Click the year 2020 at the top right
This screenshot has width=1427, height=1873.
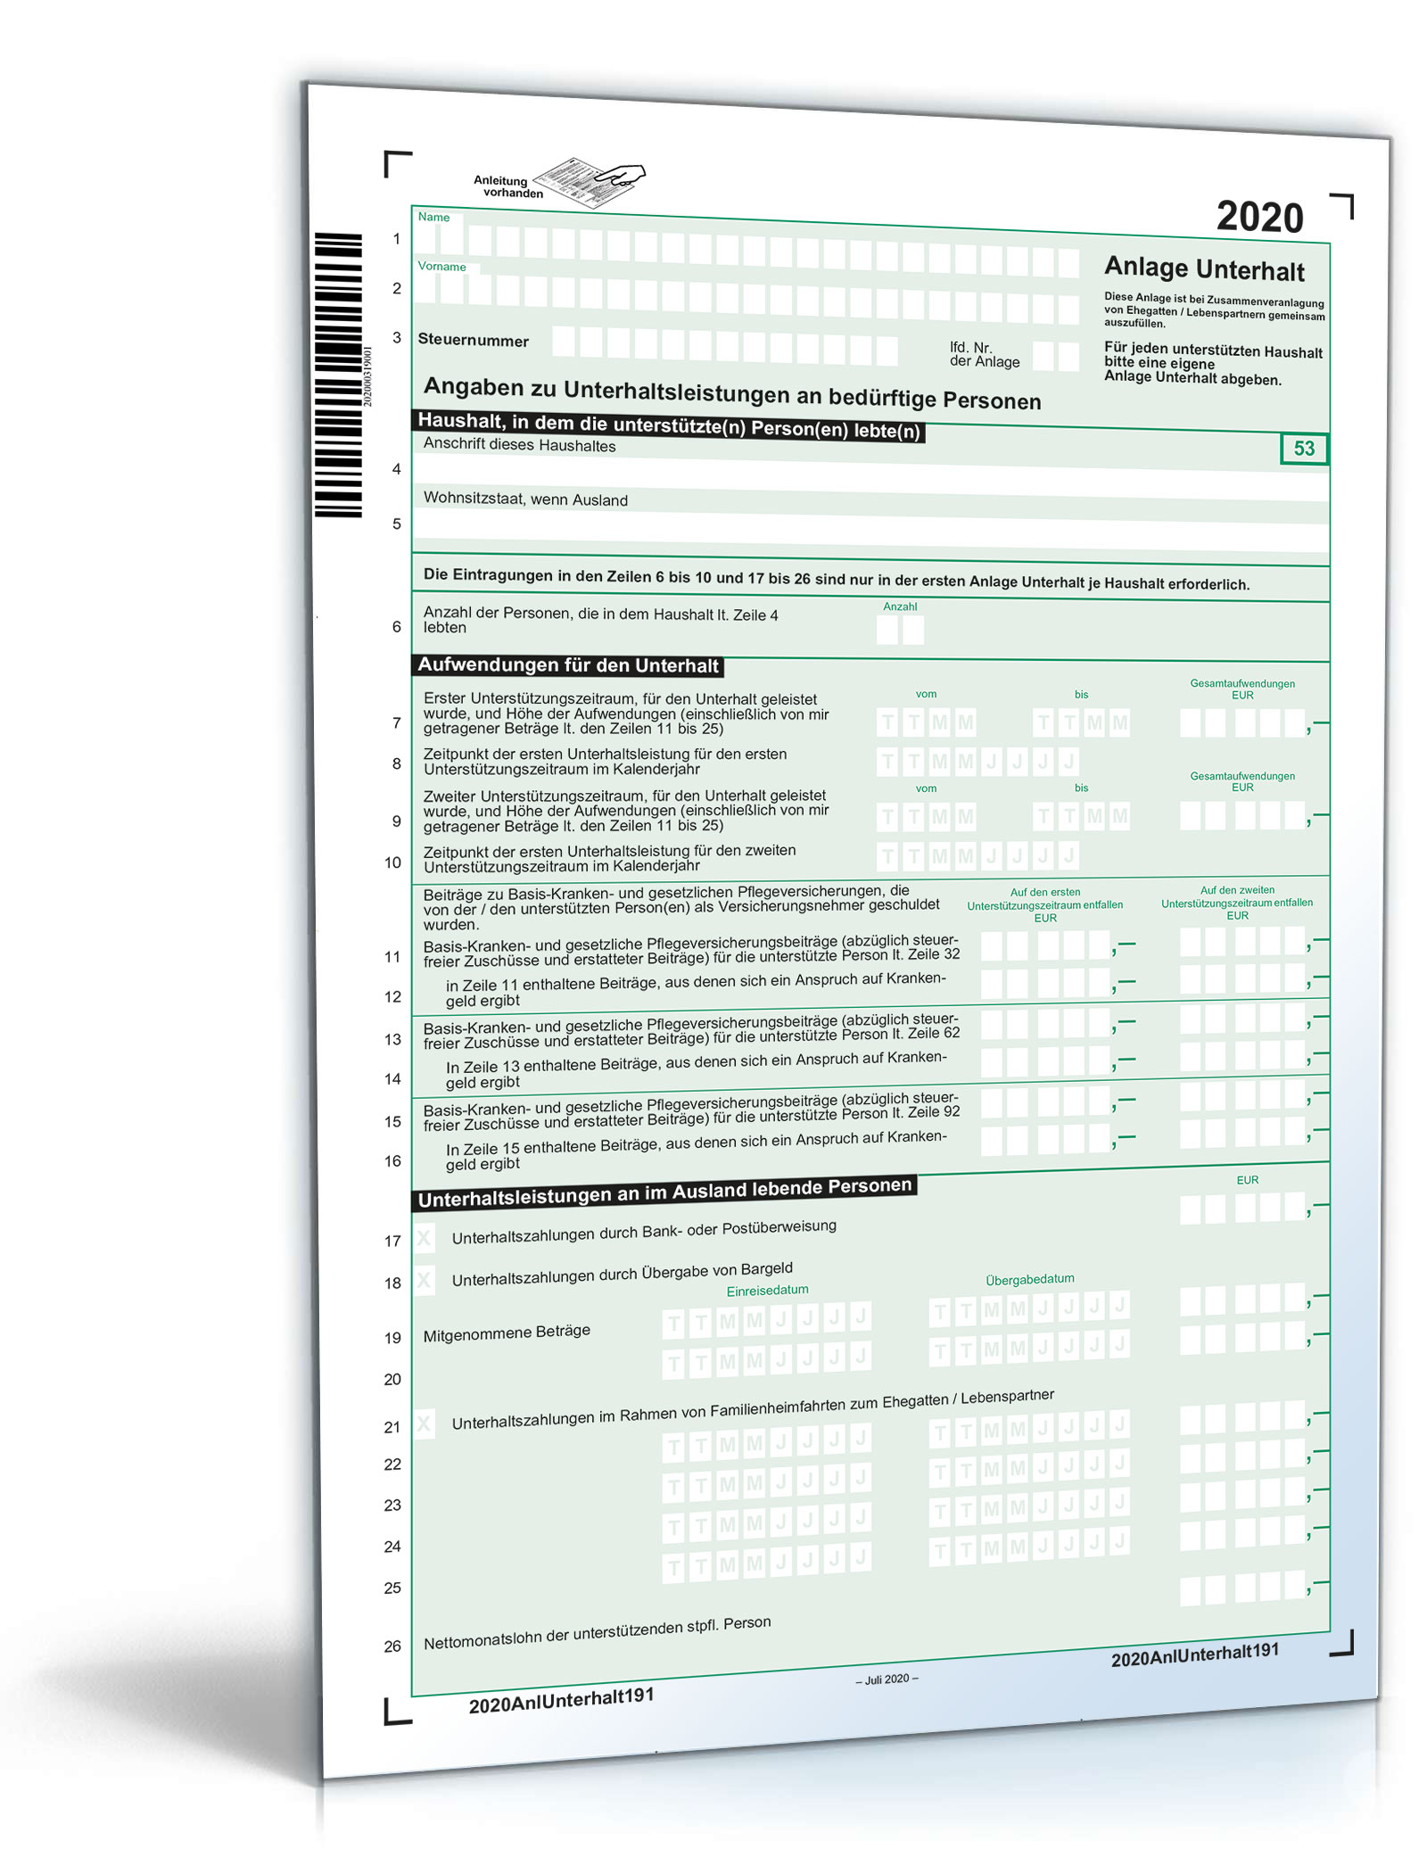click(x=1258, y=218)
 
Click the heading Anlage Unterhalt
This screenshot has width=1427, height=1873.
click(x=1204, y=268)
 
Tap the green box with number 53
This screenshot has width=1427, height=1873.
click(x=1303, y=449)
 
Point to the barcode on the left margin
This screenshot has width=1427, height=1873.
click(x=338, y=375)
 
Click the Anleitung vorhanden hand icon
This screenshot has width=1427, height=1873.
click(x=593, y=181)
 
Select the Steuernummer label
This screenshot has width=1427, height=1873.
click(x=473, y=341)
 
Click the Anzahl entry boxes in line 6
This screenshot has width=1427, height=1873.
click(x=900, y=631)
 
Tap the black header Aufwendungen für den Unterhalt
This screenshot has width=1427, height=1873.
click(x=568, y=665)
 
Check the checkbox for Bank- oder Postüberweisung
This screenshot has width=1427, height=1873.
click(x=425, y=1238)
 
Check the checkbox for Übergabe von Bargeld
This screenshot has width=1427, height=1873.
click(x=425, y=1281)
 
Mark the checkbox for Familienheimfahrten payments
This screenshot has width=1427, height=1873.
click(x=425, y=1424)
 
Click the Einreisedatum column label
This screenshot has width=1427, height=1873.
click(x=767, y=1291)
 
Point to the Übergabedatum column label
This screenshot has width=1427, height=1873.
click(x=1029, y=1279)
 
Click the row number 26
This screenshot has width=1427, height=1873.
click(x=392, y=1646)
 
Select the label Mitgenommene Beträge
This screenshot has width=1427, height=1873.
click(x=507, y=1333)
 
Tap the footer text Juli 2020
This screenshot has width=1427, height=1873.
click(x=887, y=1679)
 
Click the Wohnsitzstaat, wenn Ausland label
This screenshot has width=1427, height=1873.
click(x=525, y=499)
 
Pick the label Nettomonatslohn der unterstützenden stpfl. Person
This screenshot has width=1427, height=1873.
click(x=597, y=1633)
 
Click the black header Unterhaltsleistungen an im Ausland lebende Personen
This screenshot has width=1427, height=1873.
click(x=665, y=1192)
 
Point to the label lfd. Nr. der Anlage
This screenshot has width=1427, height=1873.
click(x=984, y=355)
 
